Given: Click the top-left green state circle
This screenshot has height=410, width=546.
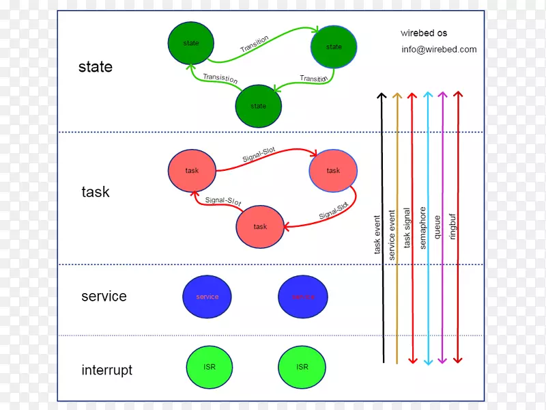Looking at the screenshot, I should [x=191, y=44].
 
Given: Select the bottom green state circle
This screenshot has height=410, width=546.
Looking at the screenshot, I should [x=259, y=106].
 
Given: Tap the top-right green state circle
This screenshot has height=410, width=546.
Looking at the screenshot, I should [x=334, y=47].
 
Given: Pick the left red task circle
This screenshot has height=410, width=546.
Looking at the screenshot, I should [x=192, y=170].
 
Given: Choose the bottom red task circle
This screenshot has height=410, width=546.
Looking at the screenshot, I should [x=260, y=226].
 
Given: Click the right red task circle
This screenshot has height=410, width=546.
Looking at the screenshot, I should [x=333, y=170].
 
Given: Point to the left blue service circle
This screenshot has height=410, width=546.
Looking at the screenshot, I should [x=207, y=297].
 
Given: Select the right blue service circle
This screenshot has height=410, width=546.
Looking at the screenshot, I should [x=303, y=297].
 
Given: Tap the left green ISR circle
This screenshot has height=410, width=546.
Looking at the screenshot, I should [x=210, y=367].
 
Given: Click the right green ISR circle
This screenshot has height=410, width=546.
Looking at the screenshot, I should [x=302, y=367].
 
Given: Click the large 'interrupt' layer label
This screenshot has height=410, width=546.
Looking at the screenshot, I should [x=106, y=370].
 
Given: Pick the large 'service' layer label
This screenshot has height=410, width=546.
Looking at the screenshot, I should [x=104, y=297].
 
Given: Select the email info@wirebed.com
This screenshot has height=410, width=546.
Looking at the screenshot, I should [x=439, y=49].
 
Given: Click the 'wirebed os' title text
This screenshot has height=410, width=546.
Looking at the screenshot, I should [x=424, y=33].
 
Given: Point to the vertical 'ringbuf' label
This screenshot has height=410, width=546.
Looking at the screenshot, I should [x=453, y=226].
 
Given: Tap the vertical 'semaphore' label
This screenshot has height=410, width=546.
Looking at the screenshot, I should [x=423, y=228].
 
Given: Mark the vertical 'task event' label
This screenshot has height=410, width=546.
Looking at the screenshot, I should [x=377, y=235].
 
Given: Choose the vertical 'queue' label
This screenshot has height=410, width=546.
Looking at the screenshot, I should [x=437, y=227].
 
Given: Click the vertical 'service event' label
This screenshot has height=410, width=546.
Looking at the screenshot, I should [x=392, y=234].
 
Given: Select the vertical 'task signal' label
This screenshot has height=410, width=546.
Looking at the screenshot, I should [x=407, y=228].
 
